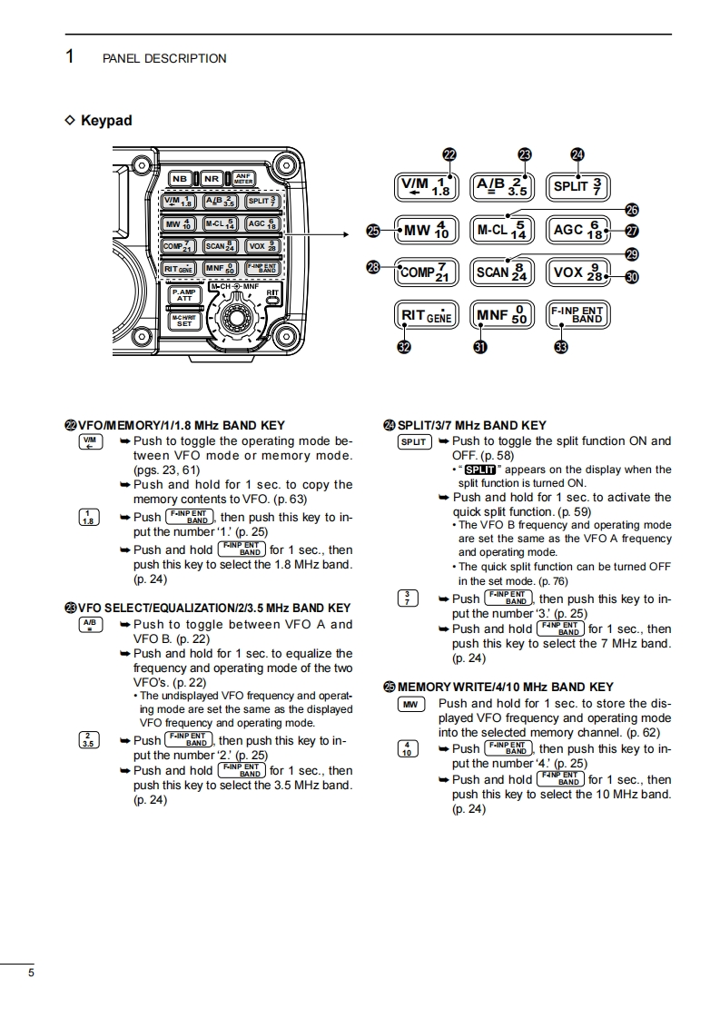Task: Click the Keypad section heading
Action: [x=105, y=121]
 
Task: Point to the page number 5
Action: [x=32, y=974]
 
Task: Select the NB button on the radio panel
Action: [x=180, y=179]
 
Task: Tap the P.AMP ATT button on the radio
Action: [x=184, y=295]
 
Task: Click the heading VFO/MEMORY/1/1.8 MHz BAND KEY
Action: [x=182, y=425]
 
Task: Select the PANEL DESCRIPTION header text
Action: [x=164, y=58]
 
